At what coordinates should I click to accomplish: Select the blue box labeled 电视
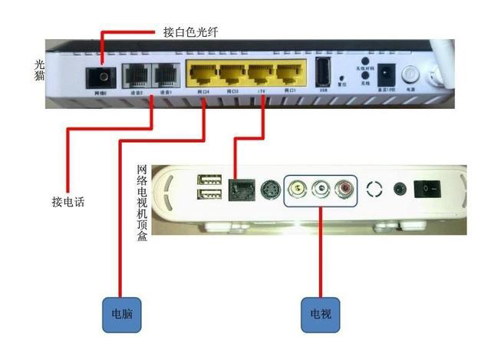point(320,314)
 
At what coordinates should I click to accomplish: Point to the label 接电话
point(68,203)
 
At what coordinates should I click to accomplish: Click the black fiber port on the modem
point(100,78)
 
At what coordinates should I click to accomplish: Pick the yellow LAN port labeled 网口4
point(202,75)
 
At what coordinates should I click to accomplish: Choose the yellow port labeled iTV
point(260,75)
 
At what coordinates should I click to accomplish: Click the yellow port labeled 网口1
point(289,75)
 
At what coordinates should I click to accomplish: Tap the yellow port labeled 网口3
point(231,75)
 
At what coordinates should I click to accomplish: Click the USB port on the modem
point(324,72)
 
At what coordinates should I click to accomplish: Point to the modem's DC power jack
point(387,74)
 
